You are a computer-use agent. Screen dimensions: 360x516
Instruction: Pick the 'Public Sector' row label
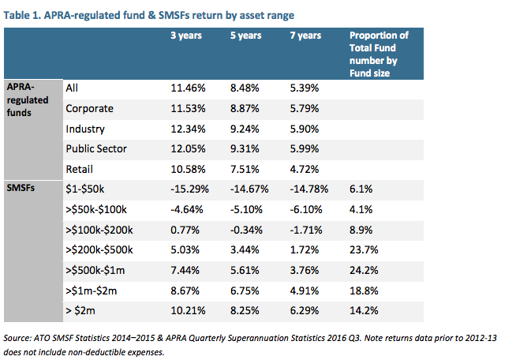97,148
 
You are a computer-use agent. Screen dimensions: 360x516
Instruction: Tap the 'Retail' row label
80,168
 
